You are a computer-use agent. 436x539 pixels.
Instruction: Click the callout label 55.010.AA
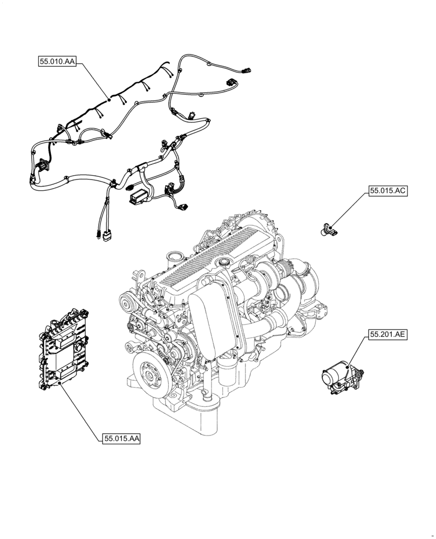(57, 62)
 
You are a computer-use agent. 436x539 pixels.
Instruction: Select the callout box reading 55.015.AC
(388, 191)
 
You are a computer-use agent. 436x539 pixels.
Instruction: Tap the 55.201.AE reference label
(388, 334)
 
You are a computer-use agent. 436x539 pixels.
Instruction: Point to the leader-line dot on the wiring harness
(110, 99)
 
